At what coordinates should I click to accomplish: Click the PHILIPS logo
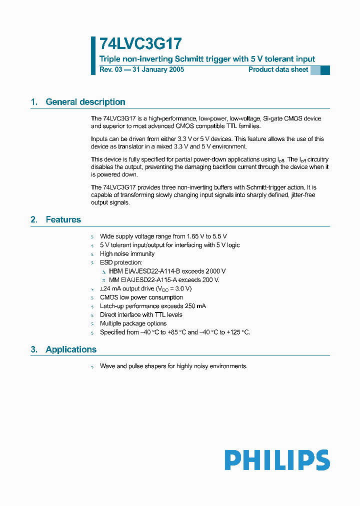pos(277,460)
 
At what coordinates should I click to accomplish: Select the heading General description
pos(85,102)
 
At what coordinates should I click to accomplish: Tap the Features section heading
pos(63,219)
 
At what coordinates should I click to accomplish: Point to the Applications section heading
pos(70,349)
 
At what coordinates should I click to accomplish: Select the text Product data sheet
pos(278,69)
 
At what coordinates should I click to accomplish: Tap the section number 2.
pos(34,219)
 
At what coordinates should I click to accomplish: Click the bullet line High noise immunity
pos(127,253)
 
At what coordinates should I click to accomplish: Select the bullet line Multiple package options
pos(133,323)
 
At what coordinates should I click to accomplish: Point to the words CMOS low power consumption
pos(141,297)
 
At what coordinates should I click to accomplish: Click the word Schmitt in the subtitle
pos(185,59)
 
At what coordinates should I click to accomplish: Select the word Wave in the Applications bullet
pos(107,366)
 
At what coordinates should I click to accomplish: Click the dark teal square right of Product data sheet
pos(325,70)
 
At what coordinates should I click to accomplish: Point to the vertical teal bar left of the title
pos(93,55)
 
